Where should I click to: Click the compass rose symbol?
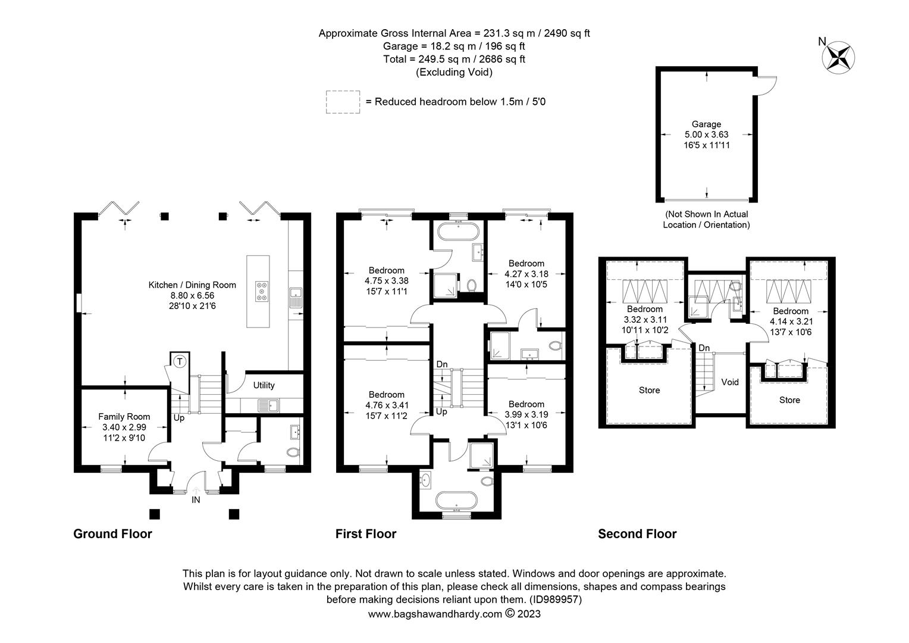point(838,58)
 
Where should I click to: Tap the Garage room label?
point(706,124)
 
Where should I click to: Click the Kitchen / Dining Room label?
point(192,285)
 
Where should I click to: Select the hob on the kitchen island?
point(262,292)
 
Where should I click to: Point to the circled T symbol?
point(180,361)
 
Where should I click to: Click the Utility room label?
point(264,385)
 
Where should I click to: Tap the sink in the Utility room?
point(268,405)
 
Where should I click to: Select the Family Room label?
point(124,417)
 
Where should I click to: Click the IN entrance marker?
point(196,500)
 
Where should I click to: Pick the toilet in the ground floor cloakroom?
point(292,452)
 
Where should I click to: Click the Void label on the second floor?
point(729,382)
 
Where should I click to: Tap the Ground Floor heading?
point(112,533)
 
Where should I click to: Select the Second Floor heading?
point(637,533)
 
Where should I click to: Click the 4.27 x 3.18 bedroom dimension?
point(526,274)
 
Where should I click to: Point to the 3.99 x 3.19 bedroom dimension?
point(526,415)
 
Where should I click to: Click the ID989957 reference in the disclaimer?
point(556,600)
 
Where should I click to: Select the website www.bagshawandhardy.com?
point(435,614)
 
